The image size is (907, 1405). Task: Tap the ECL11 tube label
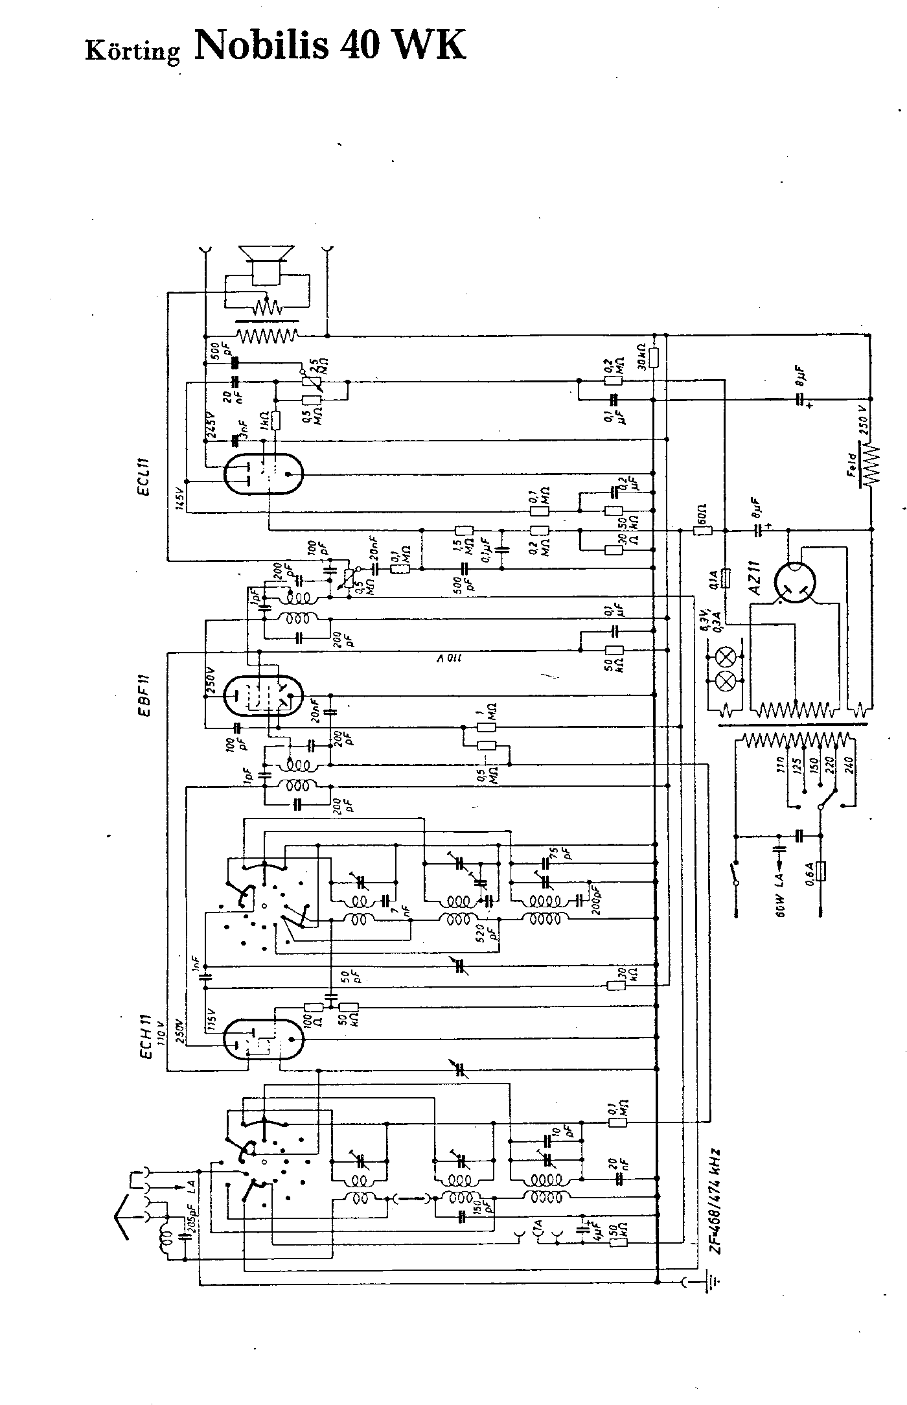point(144,477)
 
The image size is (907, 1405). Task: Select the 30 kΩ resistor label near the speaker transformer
point(642,356)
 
